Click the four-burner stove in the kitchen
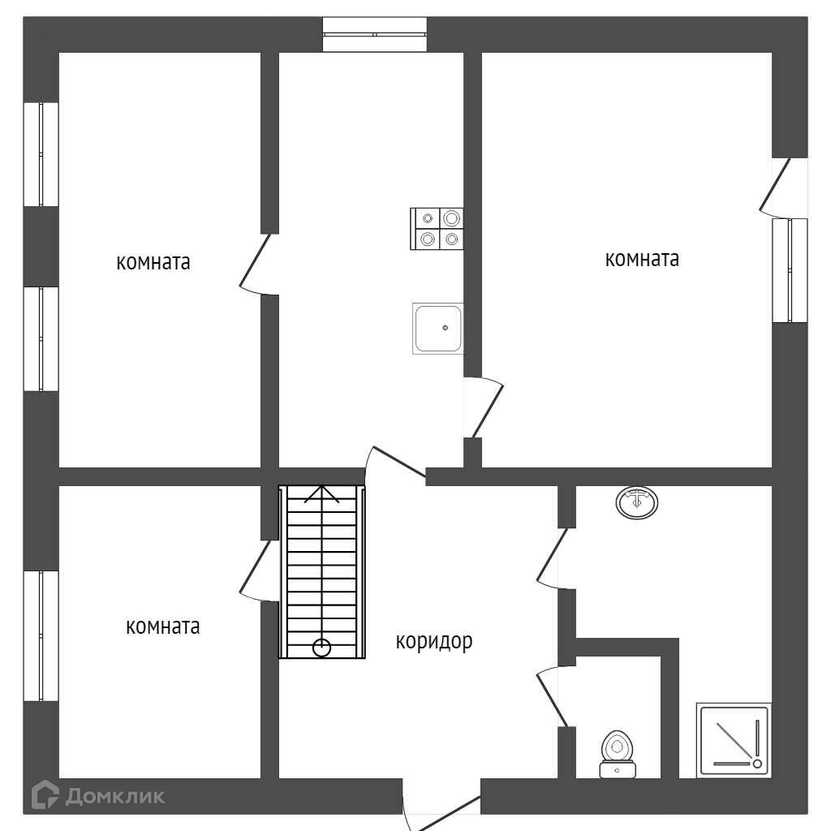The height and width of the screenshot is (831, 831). pos(437,228)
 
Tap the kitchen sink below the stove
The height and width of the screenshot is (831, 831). pos(438,328)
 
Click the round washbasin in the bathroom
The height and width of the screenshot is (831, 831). pos(637,502)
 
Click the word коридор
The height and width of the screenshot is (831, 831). pos(434,642)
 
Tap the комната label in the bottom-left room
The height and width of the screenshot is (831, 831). pos(163,627)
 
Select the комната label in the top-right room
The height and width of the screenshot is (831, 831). pos(642,260)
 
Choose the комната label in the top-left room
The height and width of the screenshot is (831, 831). pos(153,263)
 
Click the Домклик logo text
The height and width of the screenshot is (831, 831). pos(114,796)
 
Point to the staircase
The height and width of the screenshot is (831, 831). pos(322,571)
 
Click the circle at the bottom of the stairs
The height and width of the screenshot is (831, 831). pos(322,648)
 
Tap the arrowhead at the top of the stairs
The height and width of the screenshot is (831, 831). pos(322,493)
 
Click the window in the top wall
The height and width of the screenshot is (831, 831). pos(375,34)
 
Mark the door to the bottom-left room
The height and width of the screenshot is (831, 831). pos(257,570)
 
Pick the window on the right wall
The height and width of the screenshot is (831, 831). pos(790,270)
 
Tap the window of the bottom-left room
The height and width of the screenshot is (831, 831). pos(41,635)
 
